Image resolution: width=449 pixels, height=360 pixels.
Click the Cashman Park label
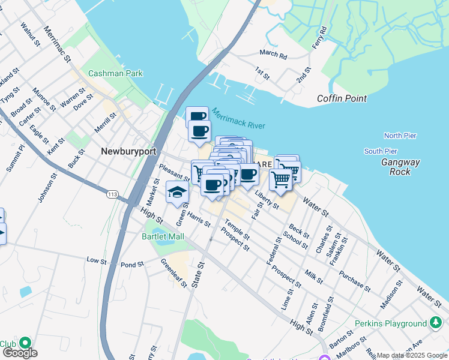[115, 73]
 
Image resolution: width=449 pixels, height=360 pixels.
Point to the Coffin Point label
[342, 98]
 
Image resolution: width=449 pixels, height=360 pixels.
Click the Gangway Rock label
[400, 167]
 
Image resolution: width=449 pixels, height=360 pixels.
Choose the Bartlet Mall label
[163, 237]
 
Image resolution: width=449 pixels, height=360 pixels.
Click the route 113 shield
[112, 194]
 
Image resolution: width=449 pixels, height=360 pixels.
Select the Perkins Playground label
[390, 324]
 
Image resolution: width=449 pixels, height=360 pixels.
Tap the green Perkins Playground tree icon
[436, 323]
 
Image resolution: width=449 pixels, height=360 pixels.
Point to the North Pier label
[400, 136]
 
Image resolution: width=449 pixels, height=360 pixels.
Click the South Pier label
[381, 151]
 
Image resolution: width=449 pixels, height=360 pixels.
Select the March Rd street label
[274, 55]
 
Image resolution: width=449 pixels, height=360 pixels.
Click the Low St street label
[96, 260]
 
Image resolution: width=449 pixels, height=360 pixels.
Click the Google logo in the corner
[19, 353]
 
